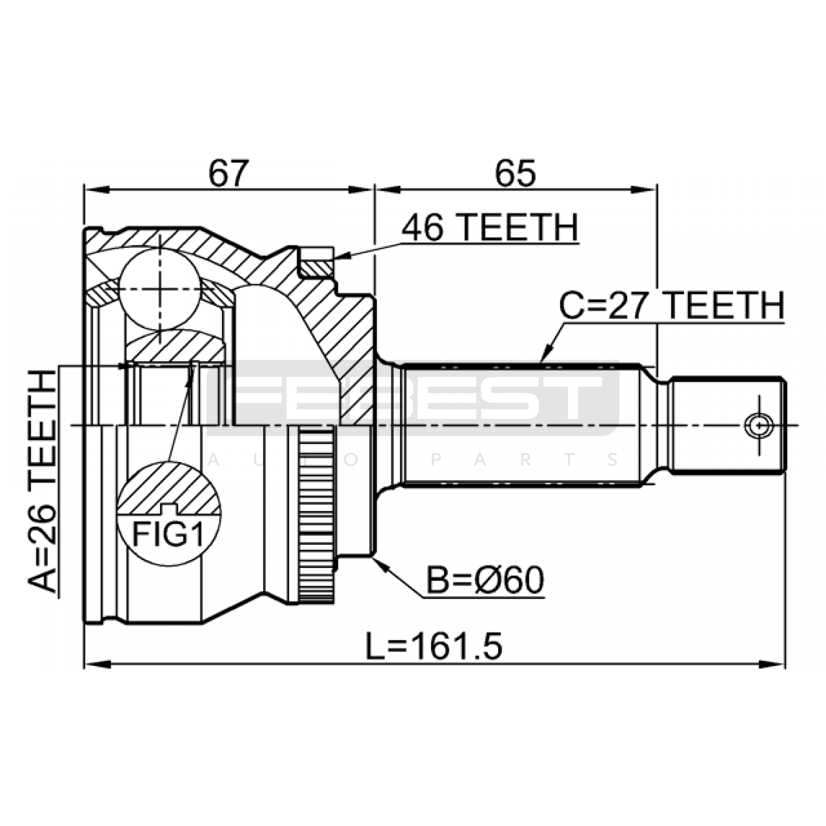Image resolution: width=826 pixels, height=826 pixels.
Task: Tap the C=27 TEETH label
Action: click(x=672, y=306)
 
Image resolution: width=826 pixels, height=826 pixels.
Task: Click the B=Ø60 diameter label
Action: click(x=485, y=580)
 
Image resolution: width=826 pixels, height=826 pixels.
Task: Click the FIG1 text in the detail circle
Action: click(x=168, y=534)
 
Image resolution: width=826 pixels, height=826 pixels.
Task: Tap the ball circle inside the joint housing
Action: click(x=160, y=289)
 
